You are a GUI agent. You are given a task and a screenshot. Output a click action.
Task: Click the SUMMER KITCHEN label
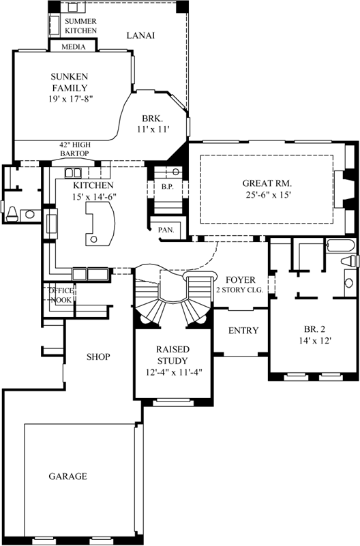pyautogui.click(x=80, y=26)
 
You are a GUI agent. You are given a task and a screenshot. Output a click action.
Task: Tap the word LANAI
pyautogui.click(x=140, y=35)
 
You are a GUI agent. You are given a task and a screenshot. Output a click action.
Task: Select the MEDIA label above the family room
pyautogui.click(x=74, y=47)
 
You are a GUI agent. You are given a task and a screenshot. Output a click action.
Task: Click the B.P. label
pyautogui.click(x=166, y=186)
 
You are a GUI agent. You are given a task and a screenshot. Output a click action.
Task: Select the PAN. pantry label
pyautogui.click(x=166, y=230)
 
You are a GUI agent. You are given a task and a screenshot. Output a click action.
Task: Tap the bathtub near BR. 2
pyautogui.click(x=338, y=247)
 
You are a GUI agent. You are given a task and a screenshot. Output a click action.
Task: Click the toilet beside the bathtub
pyautogui.click(x=348, y=262)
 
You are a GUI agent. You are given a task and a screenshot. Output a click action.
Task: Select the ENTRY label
pyautogui.click(x=243, y=331)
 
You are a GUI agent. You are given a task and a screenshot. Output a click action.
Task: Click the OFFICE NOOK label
pyautogui.click(x=60, y=295)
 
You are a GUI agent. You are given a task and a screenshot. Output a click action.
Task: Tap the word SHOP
pyautogui.click(x=98, y=357)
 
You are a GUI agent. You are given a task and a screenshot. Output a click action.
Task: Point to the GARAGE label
pyautogui.click(x=67, y=476)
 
